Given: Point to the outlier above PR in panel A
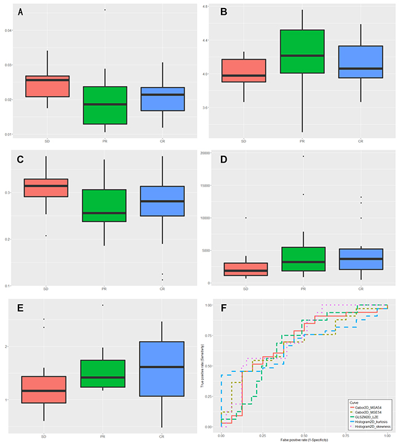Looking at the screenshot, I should pyautogui.click(x=105, y=10).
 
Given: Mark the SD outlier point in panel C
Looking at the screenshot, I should pyautogui.click(x=46, y=236).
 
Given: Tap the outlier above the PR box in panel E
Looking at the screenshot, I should pyautogui.click(x=102, y=305).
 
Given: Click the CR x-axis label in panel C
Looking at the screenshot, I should pyautogui.click(x=162, y=289).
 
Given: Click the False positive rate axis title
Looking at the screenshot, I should pyautogui.click(x=304, y=441).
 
